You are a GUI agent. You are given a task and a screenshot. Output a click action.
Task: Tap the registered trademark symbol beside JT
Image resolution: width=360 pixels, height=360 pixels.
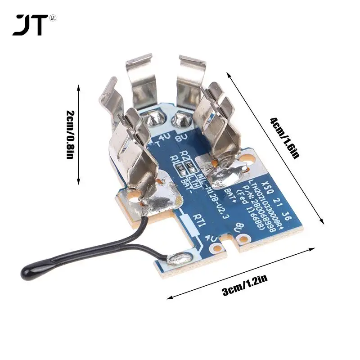(x=53, y=18)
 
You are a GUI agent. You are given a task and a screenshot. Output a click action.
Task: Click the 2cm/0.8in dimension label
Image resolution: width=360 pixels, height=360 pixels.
(x=70, y=134)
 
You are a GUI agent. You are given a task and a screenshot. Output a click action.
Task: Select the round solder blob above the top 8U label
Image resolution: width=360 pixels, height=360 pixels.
(x=182, y=119)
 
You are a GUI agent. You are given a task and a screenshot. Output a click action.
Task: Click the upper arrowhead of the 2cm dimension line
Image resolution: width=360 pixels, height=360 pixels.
(x=79, y=85)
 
